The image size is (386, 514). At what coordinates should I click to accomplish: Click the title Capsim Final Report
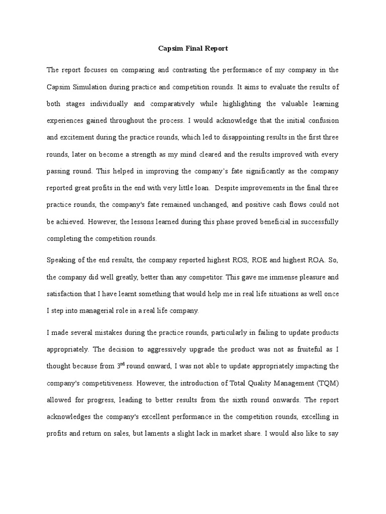tap(193, 49)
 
